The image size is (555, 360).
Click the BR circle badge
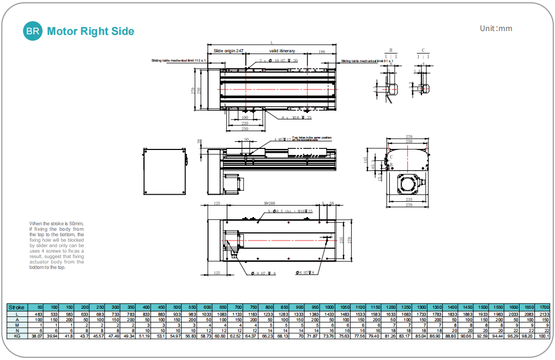click(x=32, y=31)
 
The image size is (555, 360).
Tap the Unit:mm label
click(x=496, y=28)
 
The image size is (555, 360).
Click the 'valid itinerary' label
click(x=282, y=51)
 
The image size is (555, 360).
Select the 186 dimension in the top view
click(x=322, y=51)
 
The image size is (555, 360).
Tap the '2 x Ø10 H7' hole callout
click(x=279, y=61)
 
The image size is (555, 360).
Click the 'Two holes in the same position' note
click(x=311, y=139)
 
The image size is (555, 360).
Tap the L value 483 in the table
click(x=39, y=315)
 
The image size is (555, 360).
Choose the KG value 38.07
click(x=37, y=337)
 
